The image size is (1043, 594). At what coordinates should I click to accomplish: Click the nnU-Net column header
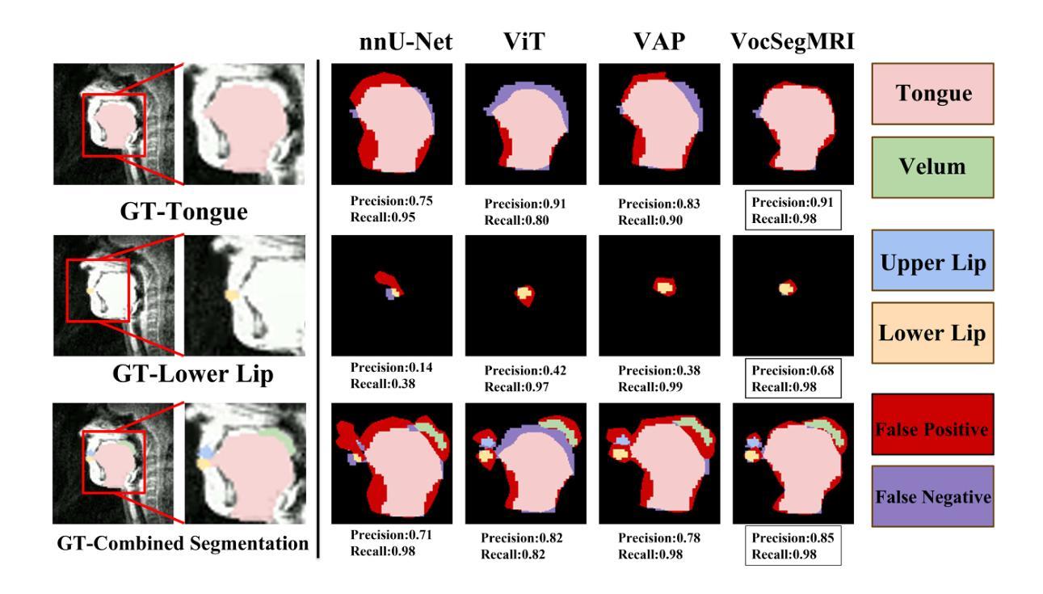tap(405, 45)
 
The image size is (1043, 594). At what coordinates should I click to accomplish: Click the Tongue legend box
tap(933, 94)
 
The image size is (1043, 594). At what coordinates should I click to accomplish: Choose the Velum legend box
tap(933, 167)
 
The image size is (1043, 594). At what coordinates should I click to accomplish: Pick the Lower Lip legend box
tap(933, 334)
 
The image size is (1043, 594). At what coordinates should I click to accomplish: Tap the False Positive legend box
tap(933, 428)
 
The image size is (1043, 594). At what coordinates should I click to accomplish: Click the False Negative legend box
tap(933, 497)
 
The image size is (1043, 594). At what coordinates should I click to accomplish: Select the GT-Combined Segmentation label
tap(183, 544)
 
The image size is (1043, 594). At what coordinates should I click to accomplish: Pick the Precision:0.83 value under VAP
tap(658, 204)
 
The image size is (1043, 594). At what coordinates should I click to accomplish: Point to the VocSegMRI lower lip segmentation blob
tap(786, 287)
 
